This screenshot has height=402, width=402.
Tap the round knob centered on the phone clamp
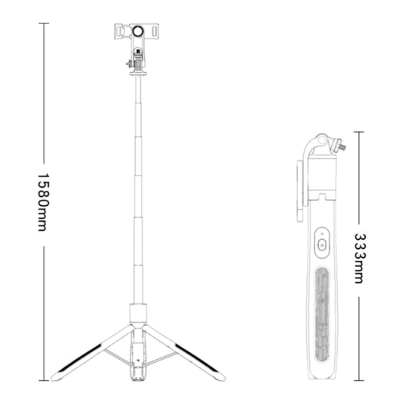139,32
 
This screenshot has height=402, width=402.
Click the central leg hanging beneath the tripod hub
139,358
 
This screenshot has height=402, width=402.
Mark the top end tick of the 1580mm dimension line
44,23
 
